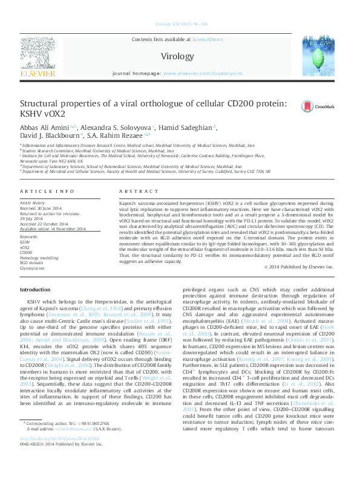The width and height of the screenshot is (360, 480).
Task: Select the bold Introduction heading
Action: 36,290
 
